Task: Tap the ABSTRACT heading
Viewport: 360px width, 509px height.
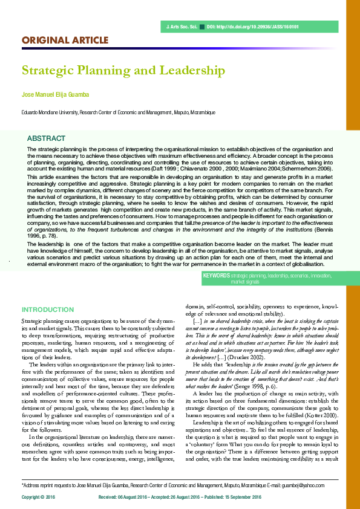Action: tap(47, 138)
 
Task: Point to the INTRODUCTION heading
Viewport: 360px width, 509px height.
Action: tap(48, 310)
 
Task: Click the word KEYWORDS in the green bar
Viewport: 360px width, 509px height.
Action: tap(217, 275)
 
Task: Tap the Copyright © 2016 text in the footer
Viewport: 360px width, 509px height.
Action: tap(39, 496)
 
